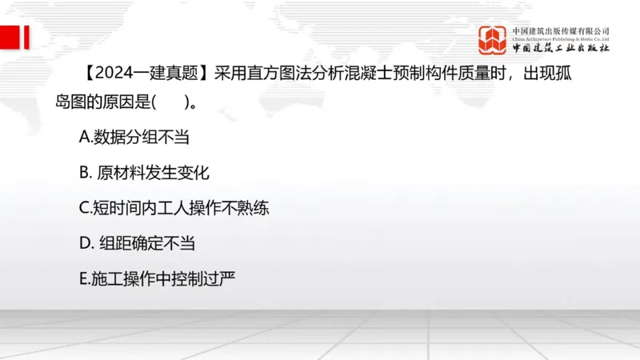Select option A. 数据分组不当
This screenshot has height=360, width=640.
point(134,137)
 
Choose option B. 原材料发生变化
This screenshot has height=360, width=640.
point(144,172)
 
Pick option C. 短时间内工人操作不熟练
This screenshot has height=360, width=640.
point(174,207)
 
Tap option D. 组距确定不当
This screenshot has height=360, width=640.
point(137,242)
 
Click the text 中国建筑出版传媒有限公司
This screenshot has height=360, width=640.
point(561,30)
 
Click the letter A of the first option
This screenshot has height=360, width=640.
point(84,137)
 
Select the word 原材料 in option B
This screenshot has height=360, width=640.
point(119,172)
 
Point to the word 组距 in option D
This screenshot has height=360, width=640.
point(117,242)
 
